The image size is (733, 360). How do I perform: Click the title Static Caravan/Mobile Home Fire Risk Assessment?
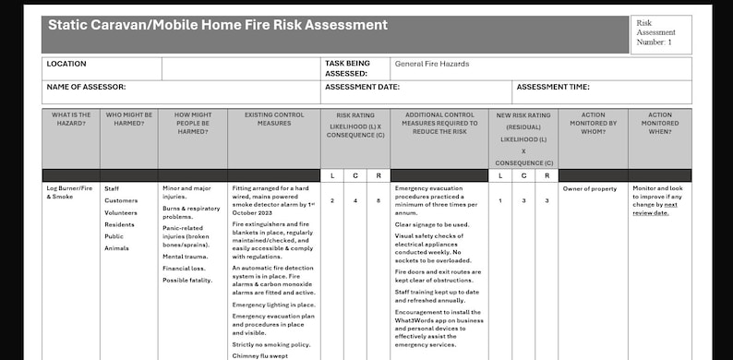(x=218, y=26)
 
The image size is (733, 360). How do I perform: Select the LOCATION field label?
(x=66, y=65)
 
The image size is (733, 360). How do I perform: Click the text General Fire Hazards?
(x=431, y=65)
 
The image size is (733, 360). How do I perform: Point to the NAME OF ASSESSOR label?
(x=85, y=87)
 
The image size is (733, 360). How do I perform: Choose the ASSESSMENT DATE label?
(x=362, y=87)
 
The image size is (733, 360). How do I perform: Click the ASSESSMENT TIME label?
(x=553, y=87)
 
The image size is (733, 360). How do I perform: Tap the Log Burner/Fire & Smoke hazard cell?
(x=70, y=192)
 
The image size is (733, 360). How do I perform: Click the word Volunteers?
(x=122, y=212)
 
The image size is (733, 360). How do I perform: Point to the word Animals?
(x=116, y=248)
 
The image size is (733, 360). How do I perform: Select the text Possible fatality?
(x=187, y=281)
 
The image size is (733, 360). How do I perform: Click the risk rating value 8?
(x=379, y=200)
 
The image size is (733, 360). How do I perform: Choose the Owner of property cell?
(x=589, y=188)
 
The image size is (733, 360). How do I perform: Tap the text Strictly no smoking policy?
(x=271, y=344)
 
